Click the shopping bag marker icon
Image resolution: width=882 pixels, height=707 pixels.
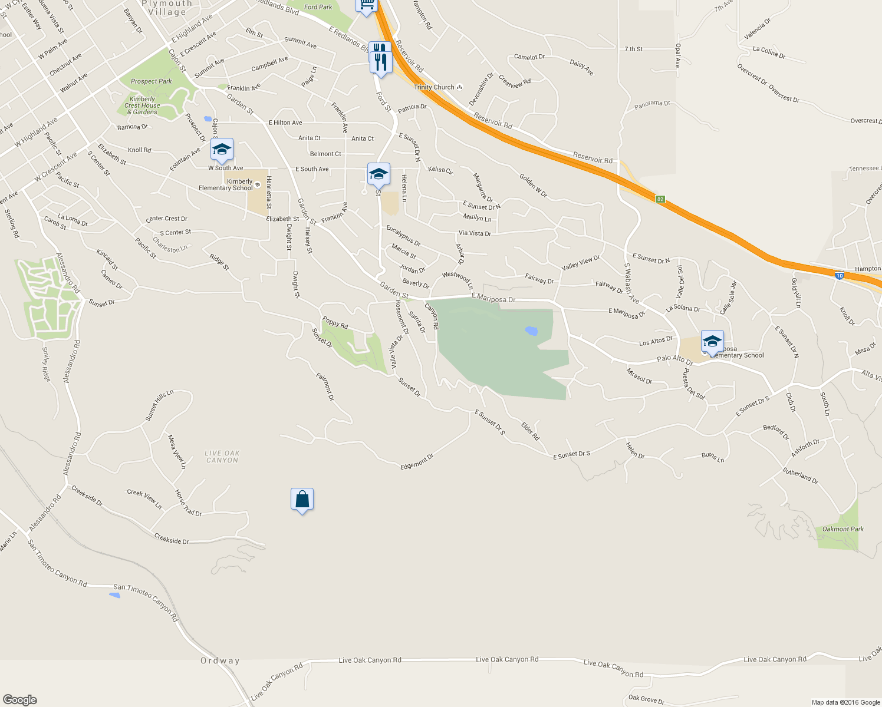click(302, 500)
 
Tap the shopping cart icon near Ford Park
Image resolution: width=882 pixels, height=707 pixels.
click(366, 5)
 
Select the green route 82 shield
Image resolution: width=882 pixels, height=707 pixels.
click(660, 199)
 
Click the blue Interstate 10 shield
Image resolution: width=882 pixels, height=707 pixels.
click(840, 275)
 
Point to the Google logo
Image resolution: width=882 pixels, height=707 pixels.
click(19, 699)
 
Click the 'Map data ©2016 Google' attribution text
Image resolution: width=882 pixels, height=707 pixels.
click(845, 702)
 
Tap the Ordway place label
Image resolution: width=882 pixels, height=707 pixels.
click(220, 660)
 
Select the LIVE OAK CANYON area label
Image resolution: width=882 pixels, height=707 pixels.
click(222, 457)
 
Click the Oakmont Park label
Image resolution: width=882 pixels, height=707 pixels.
click(842, 529)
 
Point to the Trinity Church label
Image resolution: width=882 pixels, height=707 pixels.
click(435, 87)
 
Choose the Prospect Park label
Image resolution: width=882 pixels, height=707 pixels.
click(152, 81)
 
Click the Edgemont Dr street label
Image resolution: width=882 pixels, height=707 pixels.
click(417, 461)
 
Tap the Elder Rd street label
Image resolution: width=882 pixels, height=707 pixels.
click(530, 431)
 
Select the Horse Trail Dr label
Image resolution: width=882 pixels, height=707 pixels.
click(188, 503)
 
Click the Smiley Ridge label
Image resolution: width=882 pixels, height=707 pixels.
click(45, 364)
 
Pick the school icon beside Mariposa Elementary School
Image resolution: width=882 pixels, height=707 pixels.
click(712, 341)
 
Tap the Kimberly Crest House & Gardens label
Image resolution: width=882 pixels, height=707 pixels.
click(142, 105)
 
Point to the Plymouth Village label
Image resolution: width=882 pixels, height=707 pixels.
click(167, 8)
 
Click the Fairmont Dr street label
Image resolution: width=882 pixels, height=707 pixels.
click(325, 386)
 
